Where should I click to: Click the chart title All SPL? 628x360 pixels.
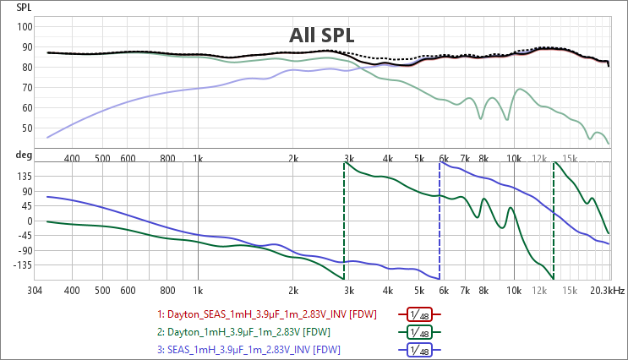coord(321,35)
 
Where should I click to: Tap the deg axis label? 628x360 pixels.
coord(25,156)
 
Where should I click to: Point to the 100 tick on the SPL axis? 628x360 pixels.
coord(25,27)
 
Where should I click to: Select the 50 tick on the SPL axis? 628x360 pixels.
coord(27,128)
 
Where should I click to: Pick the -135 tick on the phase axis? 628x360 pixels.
coord(22,265)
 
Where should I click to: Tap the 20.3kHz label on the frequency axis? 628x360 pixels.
coord(607,290)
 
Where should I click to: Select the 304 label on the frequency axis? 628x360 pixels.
coord(35,290)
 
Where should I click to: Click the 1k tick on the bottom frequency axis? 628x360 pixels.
coord(198,290)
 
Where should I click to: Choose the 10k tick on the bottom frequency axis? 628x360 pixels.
coord(513,290)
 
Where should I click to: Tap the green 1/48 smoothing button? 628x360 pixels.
coord(420,332)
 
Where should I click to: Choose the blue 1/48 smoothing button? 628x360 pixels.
coord(420,350)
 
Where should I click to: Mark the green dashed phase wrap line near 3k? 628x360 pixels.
coord(344,220)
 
